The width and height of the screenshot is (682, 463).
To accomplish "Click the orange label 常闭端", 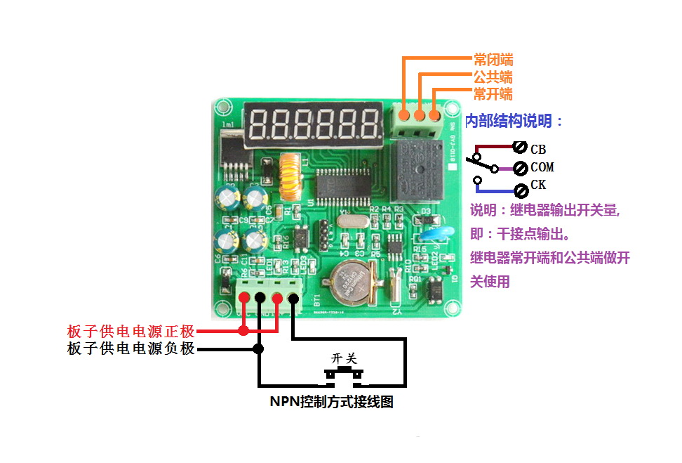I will point(493,60).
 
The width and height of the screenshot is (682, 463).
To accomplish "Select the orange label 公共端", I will point(493,77).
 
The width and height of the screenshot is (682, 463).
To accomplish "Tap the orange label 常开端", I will point(493,94).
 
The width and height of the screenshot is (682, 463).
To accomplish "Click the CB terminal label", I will point(538,150).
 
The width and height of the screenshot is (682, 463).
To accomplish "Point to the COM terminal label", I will point(542,168).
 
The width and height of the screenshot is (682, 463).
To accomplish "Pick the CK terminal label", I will point(538,185).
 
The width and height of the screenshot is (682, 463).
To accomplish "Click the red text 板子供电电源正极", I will point(131,331).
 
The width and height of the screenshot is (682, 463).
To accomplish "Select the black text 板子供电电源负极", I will point(131,348).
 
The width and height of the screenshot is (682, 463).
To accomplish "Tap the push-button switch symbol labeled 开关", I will point(345,372).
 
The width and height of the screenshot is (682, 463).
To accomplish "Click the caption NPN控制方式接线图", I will point(331,402).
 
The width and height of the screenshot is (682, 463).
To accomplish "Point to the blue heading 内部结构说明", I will point(514,121).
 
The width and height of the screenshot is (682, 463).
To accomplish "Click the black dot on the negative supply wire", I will point(259,348).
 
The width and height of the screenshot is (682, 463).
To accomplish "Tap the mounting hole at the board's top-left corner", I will point(223,108).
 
